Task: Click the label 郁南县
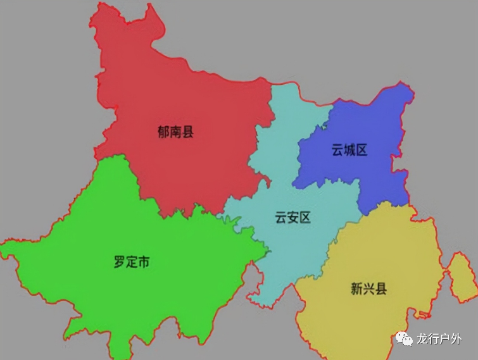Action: pyautogui.click(x=175, y=132)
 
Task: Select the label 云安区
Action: pyautogui.click(x=292, y=218)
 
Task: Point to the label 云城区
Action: pyautogui.click(x=349, y=150)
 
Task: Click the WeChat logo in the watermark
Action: pyautogui.click(x=403, y=340)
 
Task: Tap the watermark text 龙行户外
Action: pyautogui.click(x=439, y=340)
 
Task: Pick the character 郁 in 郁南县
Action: pyautogui.click(x=163, y=132)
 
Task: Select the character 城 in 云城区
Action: pyautogui.click(x=349, y=150)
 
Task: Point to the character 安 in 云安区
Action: pyautogui.click(x=292, y=218)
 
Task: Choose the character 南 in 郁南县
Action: pyautogui.click(x=175, y=132)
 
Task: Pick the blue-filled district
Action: pyautogui.click(x=374, y=127)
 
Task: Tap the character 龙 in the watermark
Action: pyautogui.click(x=422, y=340)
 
